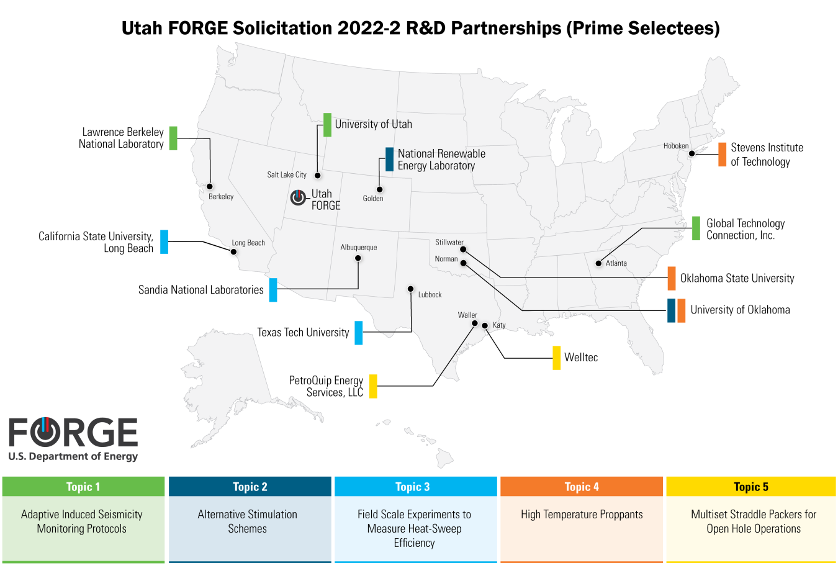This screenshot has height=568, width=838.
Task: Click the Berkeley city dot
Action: click(210, 186)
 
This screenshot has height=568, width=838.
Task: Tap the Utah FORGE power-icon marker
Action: click(299, 197)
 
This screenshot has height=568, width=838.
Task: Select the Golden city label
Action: click(373, 199)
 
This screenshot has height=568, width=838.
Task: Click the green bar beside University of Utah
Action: click(327, 125)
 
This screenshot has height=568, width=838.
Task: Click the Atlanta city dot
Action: click(598, 263)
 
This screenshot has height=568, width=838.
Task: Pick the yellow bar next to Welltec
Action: click(557, 358)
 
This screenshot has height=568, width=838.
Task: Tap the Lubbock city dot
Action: click(411, 289)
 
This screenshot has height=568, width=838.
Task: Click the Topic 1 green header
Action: click(83, 487)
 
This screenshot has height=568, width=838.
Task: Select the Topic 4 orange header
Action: click(582, 487)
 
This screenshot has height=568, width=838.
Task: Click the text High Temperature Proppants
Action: click(582, 515)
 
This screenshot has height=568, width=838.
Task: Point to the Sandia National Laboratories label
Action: click(201, 290)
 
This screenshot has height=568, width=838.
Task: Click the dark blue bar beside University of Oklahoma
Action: click(671, 310)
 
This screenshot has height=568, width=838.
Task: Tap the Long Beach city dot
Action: click(234, 251)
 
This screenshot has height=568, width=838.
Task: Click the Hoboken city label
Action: click(675, 147)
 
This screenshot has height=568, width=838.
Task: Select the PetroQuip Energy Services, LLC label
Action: click(327, 386)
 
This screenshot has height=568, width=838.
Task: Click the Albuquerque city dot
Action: click(358, 258)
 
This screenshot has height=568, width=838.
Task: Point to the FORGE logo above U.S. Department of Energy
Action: click(73, 432)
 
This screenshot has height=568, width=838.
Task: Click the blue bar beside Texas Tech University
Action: click(359, 333)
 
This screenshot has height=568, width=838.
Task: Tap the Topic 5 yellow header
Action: click(751, 487)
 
